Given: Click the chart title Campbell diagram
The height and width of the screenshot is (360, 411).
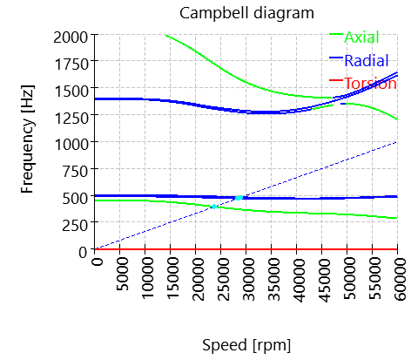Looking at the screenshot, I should pyautogui.click(x=246, y=13).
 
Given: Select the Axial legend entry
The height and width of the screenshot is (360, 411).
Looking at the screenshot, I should pyautogui.click(x=361, y=37).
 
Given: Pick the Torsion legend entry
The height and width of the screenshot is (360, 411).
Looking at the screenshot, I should pyautogui.click(x=370, y=84).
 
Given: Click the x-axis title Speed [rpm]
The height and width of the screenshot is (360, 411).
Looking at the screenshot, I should pyautogui.click(x=246, y=344).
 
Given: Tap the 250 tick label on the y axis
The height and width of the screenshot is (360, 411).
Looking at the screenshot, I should pyautogui.click(x=78, y=223).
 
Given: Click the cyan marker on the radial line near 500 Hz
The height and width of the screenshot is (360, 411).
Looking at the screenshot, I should pyautogui.click(x=239, y=198).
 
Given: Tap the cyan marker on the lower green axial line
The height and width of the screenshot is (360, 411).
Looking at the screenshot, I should pyautogui.click(x=213, y=207).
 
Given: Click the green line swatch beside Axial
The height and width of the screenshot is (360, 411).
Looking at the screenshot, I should pyautogui.click(x=336, y=35).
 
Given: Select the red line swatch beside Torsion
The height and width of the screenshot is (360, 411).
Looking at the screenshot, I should pyautogui.click(x=336, y=82).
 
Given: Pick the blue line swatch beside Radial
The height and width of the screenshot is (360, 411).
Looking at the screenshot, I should pyautogui.click(x=336, y=58).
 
